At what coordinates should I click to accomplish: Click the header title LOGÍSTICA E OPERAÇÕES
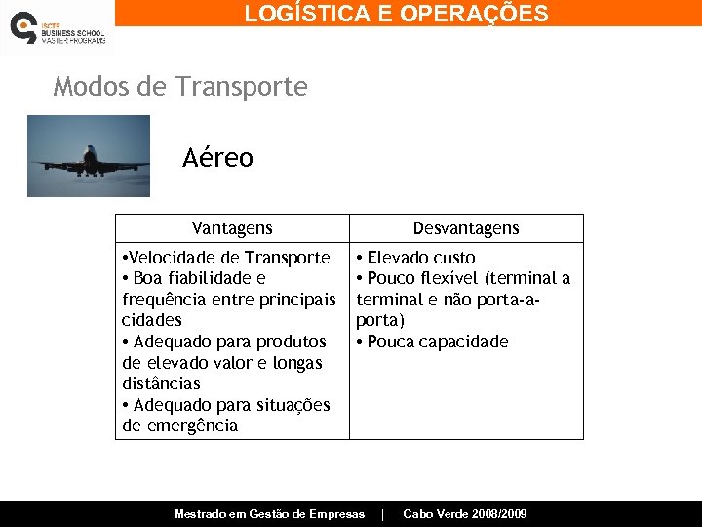[396, 14]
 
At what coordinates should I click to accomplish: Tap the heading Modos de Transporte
[180, 87]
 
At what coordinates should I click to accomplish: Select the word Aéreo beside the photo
[217, 158]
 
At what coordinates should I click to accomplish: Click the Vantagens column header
[232, 228]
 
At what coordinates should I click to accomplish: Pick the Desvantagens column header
[466, 228]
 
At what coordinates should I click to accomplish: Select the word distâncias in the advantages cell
[161, 384]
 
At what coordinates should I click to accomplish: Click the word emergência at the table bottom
[193, 426]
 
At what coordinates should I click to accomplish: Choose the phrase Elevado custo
[421, 258]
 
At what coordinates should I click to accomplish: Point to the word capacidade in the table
[463, 342]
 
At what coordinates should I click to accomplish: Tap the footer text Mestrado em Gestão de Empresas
[269, 514]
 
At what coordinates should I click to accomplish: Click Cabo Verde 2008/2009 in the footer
[465, 514]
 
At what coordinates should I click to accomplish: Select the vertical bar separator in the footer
[383, 514]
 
